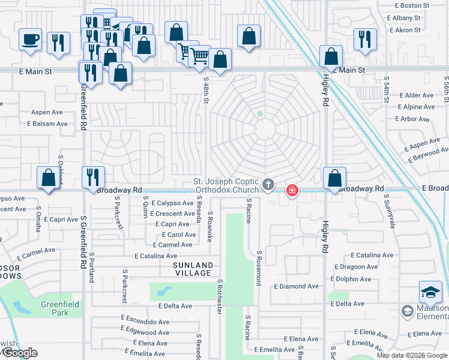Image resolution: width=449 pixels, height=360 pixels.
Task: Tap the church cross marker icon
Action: pyautogui.click(x=268, y=185)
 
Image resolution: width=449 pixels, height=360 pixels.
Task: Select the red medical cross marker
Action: pyautogui.click(x=292, y=191)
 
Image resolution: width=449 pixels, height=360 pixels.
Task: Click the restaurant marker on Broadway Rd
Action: pyautogui.click(x=93, y=177)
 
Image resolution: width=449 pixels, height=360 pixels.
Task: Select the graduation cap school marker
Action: pyautogui.click(x=430, y=292)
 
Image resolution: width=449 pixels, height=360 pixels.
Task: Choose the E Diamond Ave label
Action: pyautogui.click(x=298, y=286)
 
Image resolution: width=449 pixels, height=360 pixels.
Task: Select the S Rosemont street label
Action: pyautogui.click(x=259, y=268)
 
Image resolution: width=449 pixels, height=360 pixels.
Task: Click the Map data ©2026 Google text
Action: pyautogui.click(x=411, y=355)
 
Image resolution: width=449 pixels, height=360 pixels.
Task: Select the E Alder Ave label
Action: pyautogui.click(x=412, y=95)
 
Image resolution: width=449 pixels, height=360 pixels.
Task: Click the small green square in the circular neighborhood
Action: pyautogui.click(x=259, y=113)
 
